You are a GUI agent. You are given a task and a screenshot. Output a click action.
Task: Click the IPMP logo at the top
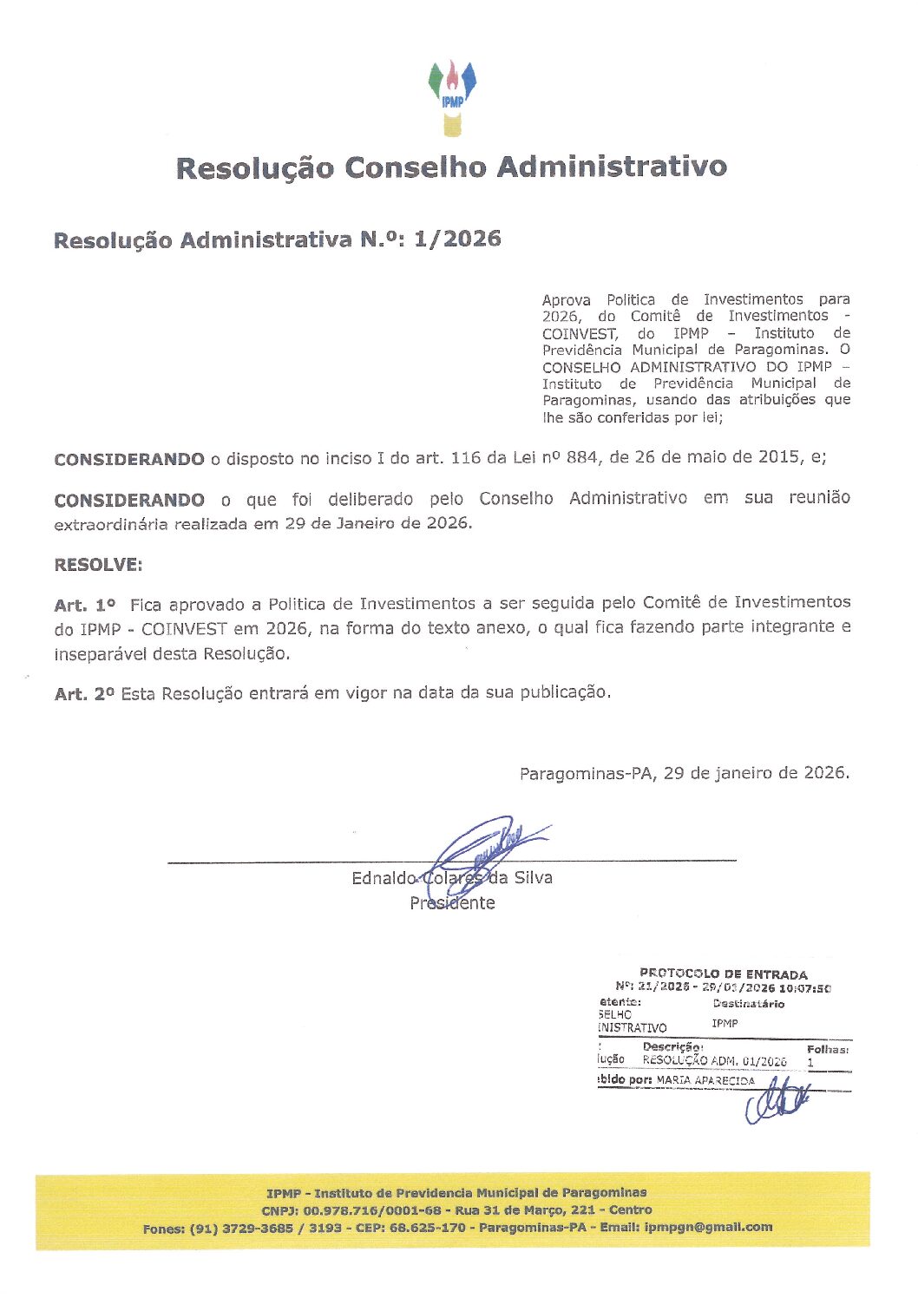point(452,97)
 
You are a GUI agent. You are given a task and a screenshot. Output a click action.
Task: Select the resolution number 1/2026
point(457,239)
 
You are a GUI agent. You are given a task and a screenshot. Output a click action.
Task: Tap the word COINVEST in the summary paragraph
point(580,333)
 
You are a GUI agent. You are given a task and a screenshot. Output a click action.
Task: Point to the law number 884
point(581,457)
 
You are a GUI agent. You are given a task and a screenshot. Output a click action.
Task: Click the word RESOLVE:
point(98,565)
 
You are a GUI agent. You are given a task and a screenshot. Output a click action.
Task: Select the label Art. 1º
point(84,605)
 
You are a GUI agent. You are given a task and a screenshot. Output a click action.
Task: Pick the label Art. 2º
point(84,694)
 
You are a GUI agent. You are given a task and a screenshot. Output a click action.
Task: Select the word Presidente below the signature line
point(452,903)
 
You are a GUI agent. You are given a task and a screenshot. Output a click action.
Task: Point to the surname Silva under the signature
point(533,878)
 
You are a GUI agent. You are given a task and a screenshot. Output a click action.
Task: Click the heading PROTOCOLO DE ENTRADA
point(723,974)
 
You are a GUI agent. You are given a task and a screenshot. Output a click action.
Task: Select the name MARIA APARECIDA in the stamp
point(705,1081)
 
